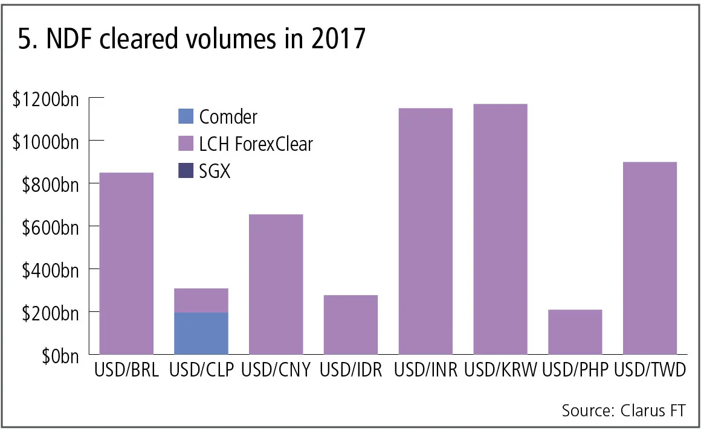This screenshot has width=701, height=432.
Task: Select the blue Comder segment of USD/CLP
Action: point(201,333)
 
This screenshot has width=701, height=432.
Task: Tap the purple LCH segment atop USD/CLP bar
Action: point(201,300)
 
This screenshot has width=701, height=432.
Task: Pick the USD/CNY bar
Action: point(276,284)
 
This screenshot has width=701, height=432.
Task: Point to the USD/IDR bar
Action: point(350,324)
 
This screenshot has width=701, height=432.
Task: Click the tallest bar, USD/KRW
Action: point(500,229)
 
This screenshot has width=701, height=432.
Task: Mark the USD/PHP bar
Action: point(575,331)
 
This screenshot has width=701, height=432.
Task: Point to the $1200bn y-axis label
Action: point(45,98)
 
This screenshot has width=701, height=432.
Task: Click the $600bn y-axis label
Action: point(50,227)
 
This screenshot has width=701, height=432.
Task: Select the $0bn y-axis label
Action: point(60,356)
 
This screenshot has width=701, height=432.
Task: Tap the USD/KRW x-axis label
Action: point(501,370)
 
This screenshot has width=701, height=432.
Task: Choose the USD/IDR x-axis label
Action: point(351,370)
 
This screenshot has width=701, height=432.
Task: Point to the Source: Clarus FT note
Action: point(624,411)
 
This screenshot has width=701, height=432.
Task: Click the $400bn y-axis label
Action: point(50,270)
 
